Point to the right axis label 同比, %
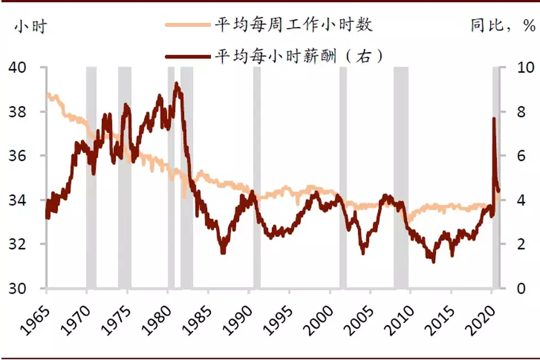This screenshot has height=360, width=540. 502,26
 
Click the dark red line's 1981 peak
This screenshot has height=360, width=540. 177,84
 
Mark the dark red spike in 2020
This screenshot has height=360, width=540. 494,119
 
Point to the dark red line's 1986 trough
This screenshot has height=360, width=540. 223,252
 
